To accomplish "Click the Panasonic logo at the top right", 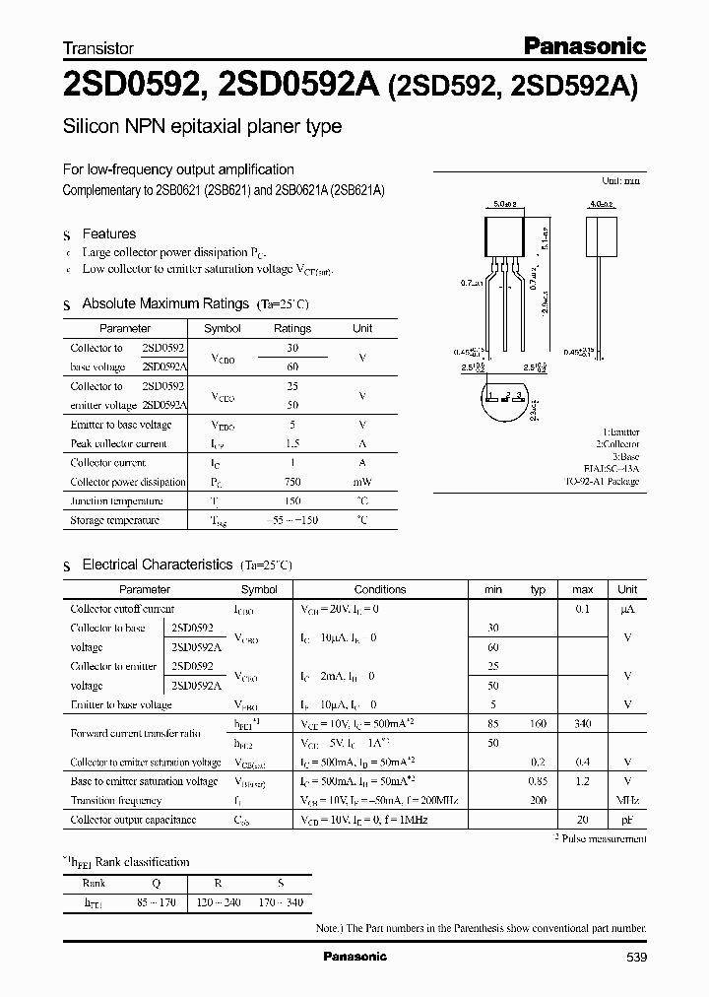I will coord(584,45).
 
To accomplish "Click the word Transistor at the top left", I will coord(98,47).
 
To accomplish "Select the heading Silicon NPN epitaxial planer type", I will coord(202,126).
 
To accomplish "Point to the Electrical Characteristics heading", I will coord(157,565).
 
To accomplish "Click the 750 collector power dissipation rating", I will coord(291,482).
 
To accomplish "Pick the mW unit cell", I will coord(362,482).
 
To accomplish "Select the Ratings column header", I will coord(291,328).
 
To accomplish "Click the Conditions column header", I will coord(379,589).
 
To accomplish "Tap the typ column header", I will coord(538,589).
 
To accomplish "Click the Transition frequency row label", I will coord(116,800).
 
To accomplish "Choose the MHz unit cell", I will coord(627,800).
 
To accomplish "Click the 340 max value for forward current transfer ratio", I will coord(582,724).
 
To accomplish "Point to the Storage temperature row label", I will coord(114,520).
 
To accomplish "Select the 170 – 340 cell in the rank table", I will coord(281,902).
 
